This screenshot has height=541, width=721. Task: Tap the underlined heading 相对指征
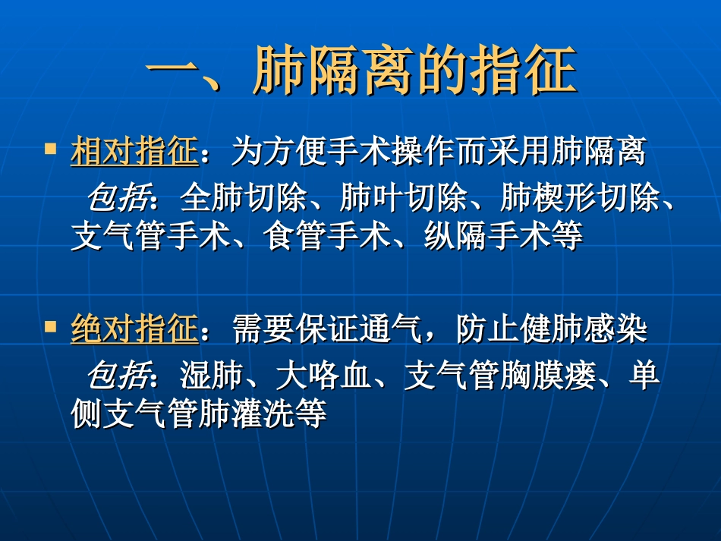click(x=134, y=153)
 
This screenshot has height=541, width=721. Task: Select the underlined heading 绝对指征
click(x=134, y=331)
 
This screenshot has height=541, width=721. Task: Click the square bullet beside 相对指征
click(x=51, y=148)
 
